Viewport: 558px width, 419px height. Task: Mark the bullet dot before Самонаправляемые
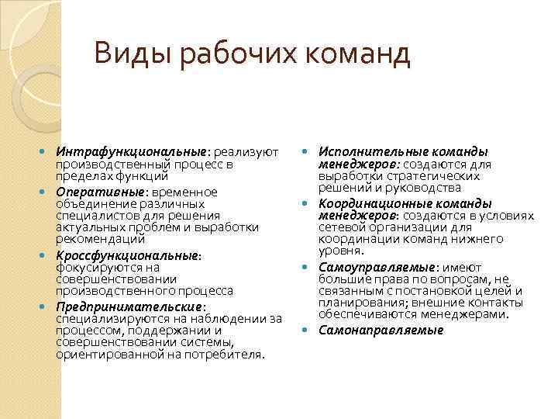point(306,330)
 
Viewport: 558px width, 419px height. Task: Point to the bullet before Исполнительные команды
point(306,152)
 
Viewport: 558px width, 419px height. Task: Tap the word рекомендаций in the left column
point(91,241)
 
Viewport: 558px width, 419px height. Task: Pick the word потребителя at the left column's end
point(229,355)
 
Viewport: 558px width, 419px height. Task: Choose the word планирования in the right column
point(358,303)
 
